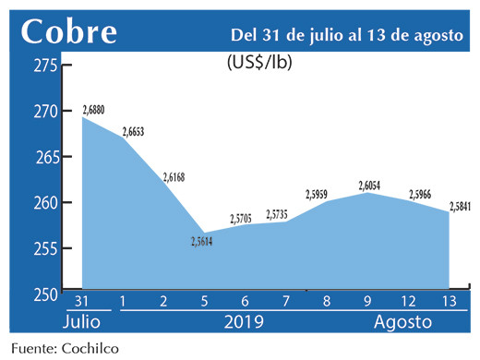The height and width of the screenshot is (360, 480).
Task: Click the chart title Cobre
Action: point(69,31)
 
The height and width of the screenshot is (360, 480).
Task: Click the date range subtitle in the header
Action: point(347,34)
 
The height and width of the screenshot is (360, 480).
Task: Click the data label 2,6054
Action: point(370,186)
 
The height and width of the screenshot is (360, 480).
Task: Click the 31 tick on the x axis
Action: point(82,301)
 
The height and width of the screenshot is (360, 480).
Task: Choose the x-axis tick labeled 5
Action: point(204,301)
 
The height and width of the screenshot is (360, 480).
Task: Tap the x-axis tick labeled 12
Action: point(409,301)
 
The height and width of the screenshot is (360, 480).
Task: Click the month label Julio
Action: point(83,323)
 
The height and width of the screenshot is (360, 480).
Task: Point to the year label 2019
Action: point(245,323)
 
